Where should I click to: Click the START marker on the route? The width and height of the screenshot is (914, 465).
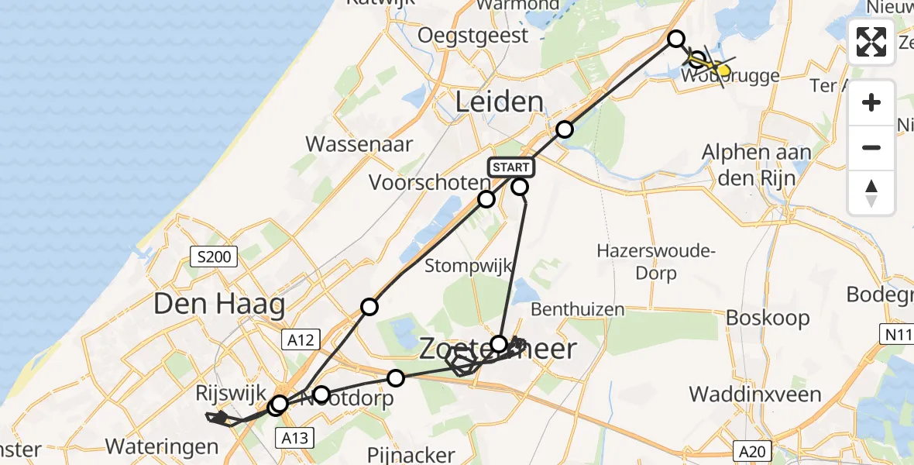pos(510,167)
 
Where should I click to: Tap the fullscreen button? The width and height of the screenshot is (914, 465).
pos(871,42)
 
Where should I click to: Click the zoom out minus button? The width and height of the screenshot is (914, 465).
pos(871,147)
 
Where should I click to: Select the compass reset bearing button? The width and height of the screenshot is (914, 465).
pos(871,192)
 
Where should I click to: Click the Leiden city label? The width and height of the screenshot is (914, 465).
pos(500,102)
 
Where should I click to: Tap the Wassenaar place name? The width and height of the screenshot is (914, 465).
pos(359,143)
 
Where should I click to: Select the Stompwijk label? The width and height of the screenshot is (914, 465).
pos(469,266)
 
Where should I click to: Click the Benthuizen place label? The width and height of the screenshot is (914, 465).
pos(578,309)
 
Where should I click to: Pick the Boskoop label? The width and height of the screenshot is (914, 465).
pos(768,318)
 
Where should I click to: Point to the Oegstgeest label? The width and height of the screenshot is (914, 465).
pos(473,35)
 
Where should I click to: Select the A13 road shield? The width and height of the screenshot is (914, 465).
pos(295,439)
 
